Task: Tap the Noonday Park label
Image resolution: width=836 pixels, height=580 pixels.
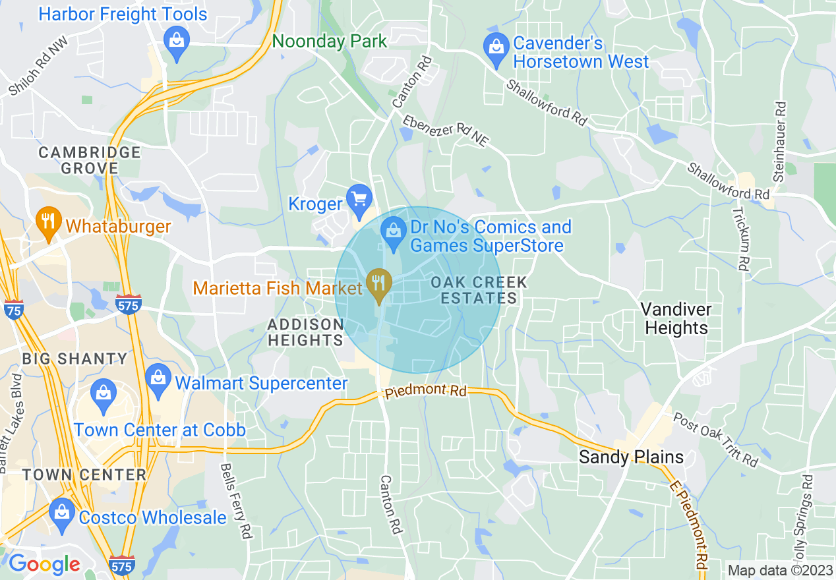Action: pyautogui.click(x=330, y=41)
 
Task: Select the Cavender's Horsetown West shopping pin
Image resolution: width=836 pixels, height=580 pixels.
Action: pyautogui.click(x=494, y=47)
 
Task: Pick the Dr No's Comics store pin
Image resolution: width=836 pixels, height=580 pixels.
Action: pyautogui.click(x=394, y=231)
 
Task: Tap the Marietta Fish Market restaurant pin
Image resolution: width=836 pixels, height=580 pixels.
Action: pyautogui.click(x=378, y=283)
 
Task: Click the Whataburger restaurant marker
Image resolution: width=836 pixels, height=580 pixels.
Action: pyautogui.click(x=48, y=220)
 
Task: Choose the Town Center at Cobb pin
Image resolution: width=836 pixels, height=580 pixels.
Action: pyautogui.click(x=102, y=394)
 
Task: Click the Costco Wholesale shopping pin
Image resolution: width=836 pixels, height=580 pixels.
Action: pyautogui.click(x=62, y=512)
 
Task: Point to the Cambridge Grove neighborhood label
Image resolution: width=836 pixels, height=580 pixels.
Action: pyautogui.click(x=90, y=160)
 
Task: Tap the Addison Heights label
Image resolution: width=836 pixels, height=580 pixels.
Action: pyautogui.click(x=305, y=332)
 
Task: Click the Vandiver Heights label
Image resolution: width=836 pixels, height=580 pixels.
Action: pyautogui.click(x=676, y=318)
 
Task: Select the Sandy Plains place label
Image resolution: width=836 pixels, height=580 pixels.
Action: pyautogui.click(x=631, y=457)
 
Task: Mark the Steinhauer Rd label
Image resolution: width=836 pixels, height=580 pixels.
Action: pyautogui.click(x=780, y=142)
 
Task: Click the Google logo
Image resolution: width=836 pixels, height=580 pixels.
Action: pyautogui.click(x=44, y=564)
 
